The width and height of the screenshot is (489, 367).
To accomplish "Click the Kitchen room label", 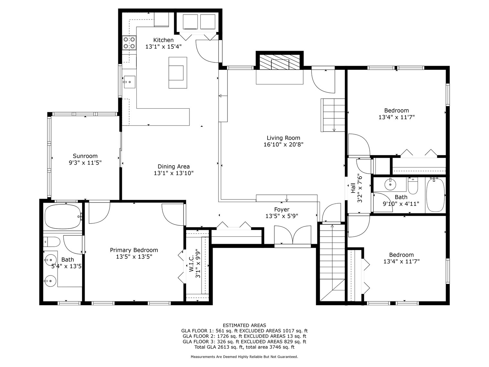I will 163,40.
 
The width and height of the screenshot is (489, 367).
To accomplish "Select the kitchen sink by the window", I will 129,82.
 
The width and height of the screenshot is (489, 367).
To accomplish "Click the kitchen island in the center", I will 177,72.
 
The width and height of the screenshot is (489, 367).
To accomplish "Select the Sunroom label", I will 85,156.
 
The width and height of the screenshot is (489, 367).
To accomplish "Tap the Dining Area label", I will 173,167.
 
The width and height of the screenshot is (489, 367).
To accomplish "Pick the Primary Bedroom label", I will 134,250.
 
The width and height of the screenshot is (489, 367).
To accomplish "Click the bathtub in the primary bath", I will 62,217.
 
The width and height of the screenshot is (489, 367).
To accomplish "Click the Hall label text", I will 353,188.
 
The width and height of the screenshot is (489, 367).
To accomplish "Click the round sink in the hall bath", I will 390,185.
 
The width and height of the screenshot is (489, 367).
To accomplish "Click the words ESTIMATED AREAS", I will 244,325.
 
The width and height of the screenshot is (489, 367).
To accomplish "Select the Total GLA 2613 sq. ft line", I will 244,347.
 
